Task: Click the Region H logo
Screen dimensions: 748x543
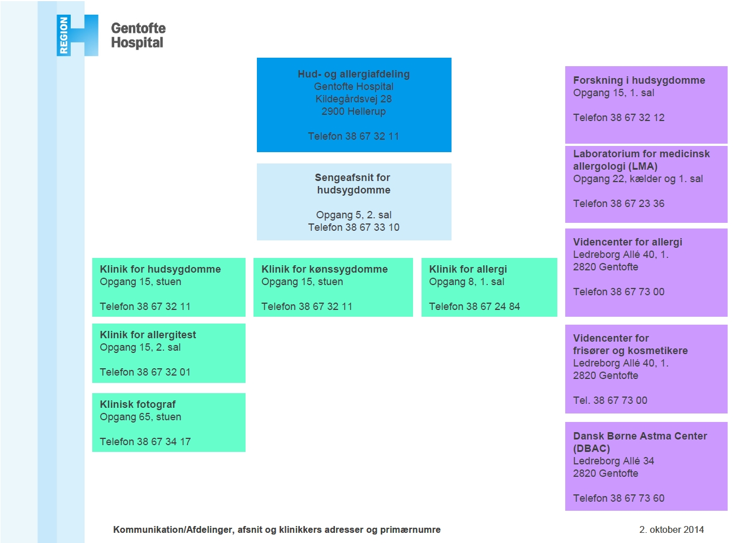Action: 77,36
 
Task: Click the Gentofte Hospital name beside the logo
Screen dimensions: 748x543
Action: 138,36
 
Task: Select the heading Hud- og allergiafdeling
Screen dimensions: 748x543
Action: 354,74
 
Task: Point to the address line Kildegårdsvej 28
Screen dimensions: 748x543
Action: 354,99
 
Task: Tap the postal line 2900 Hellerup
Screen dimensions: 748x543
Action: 354,111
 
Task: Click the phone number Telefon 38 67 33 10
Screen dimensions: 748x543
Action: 354,227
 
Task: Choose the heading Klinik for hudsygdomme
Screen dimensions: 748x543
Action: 160,269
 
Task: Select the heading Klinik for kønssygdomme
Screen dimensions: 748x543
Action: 325,269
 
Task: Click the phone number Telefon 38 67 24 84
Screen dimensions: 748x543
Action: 475,307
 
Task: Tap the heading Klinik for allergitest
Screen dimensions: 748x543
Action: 148,335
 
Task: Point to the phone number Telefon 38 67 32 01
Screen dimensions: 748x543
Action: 145,372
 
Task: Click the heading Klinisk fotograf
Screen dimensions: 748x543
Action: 137,404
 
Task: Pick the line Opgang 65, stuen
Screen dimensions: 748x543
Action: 140,417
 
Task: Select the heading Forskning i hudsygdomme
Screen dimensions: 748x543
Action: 639,80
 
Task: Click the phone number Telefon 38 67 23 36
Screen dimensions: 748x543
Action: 619,204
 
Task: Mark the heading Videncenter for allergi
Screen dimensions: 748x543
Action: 628,242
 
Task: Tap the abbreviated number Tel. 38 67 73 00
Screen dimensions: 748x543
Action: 610,400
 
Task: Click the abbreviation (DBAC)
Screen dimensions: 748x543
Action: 591,449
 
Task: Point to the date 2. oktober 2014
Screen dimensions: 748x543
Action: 672,529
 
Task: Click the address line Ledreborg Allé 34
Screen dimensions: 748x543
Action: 613,461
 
